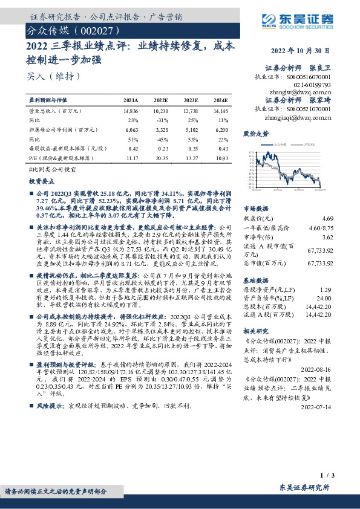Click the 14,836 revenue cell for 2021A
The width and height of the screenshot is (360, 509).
click(131, 111)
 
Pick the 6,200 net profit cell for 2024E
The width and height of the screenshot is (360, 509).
click(221, 129)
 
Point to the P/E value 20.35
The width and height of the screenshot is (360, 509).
click(160, 157)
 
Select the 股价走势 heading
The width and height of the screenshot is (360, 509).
click(255, 132)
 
